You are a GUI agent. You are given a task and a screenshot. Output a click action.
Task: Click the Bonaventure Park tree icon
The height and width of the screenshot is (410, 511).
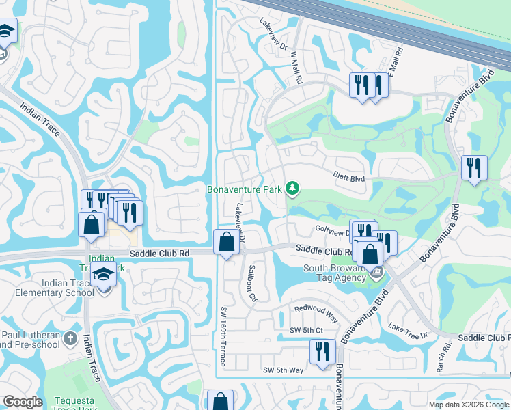[x=292, y=188]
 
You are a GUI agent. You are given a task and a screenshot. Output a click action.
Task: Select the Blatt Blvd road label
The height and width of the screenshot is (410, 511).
[x=349, y=178]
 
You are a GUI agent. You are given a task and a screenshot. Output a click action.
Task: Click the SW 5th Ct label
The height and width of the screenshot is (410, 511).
[x=305, y=331]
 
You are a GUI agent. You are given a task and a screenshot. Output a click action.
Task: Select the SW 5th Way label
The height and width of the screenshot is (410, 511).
[x=283, y=370]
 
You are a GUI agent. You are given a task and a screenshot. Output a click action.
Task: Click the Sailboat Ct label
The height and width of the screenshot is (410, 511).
[x=252, y=283]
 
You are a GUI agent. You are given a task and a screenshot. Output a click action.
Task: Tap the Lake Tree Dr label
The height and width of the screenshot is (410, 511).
[x=408, y=331]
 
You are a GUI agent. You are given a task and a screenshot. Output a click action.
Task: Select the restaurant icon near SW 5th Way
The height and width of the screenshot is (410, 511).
[x=322, y=352]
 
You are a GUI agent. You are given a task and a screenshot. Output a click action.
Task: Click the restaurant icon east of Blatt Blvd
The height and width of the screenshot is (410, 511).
[x=474, y=167]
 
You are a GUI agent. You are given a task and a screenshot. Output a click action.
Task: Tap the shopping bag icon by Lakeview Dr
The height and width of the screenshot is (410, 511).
[x=227, y=241]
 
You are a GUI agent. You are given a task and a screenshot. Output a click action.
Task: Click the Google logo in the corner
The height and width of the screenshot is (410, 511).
[x=23, y=402]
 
